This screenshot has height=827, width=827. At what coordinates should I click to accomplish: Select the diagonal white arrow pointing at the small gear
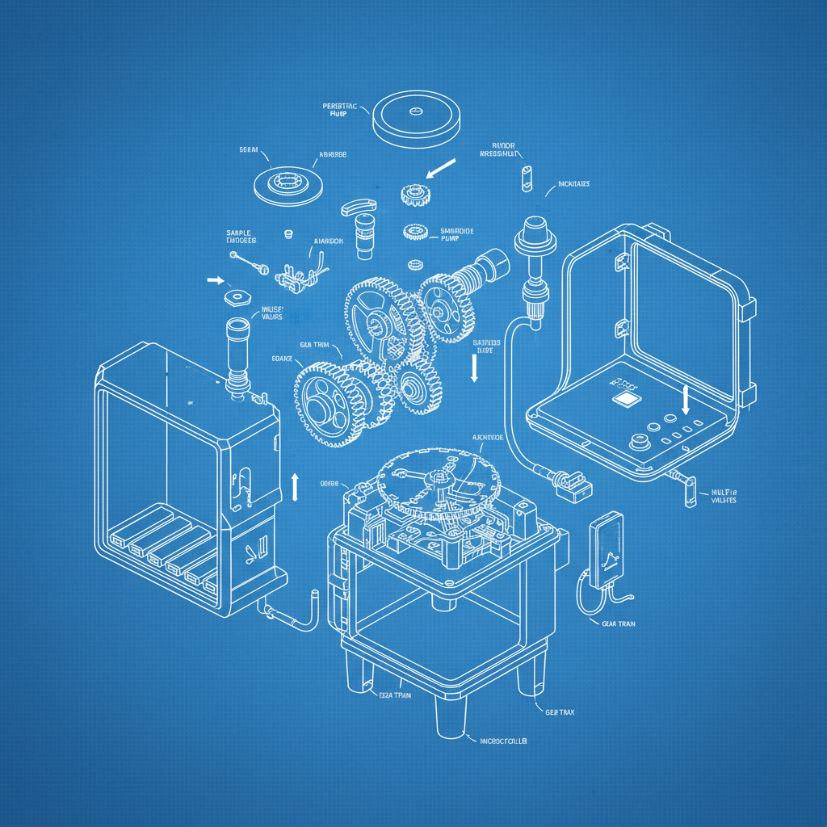[440, 170]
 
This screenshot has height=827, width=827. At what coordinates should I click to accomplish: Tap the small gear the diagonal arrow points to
[414, 193]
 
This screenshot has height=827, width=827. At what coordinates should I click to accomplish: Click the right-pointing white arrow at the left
[215, 280]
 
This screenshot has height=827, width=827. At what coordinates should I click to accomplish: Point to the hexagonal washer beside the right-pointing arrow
[236, 296]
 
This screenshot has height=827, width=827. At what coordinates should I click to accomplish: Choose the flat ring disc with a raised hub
[288, 184]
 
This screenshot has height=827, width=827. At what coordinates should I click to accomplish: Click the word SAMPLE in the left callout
[238, 233]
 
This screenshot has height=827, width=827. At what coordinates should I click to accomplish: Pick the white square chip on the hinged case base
[623, 398]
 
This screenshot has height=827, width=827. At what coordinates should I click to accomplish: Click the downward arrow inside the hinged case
[686, 399]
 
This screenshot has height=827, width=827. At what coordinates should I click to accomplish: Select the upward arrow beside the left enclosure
[295, 485]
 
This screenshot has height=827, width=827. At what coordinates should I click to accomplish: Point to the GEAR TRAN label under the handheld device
[618, 623]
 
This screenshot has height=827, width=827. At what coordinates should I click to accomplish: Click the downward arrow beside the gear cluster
[474, 368]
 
